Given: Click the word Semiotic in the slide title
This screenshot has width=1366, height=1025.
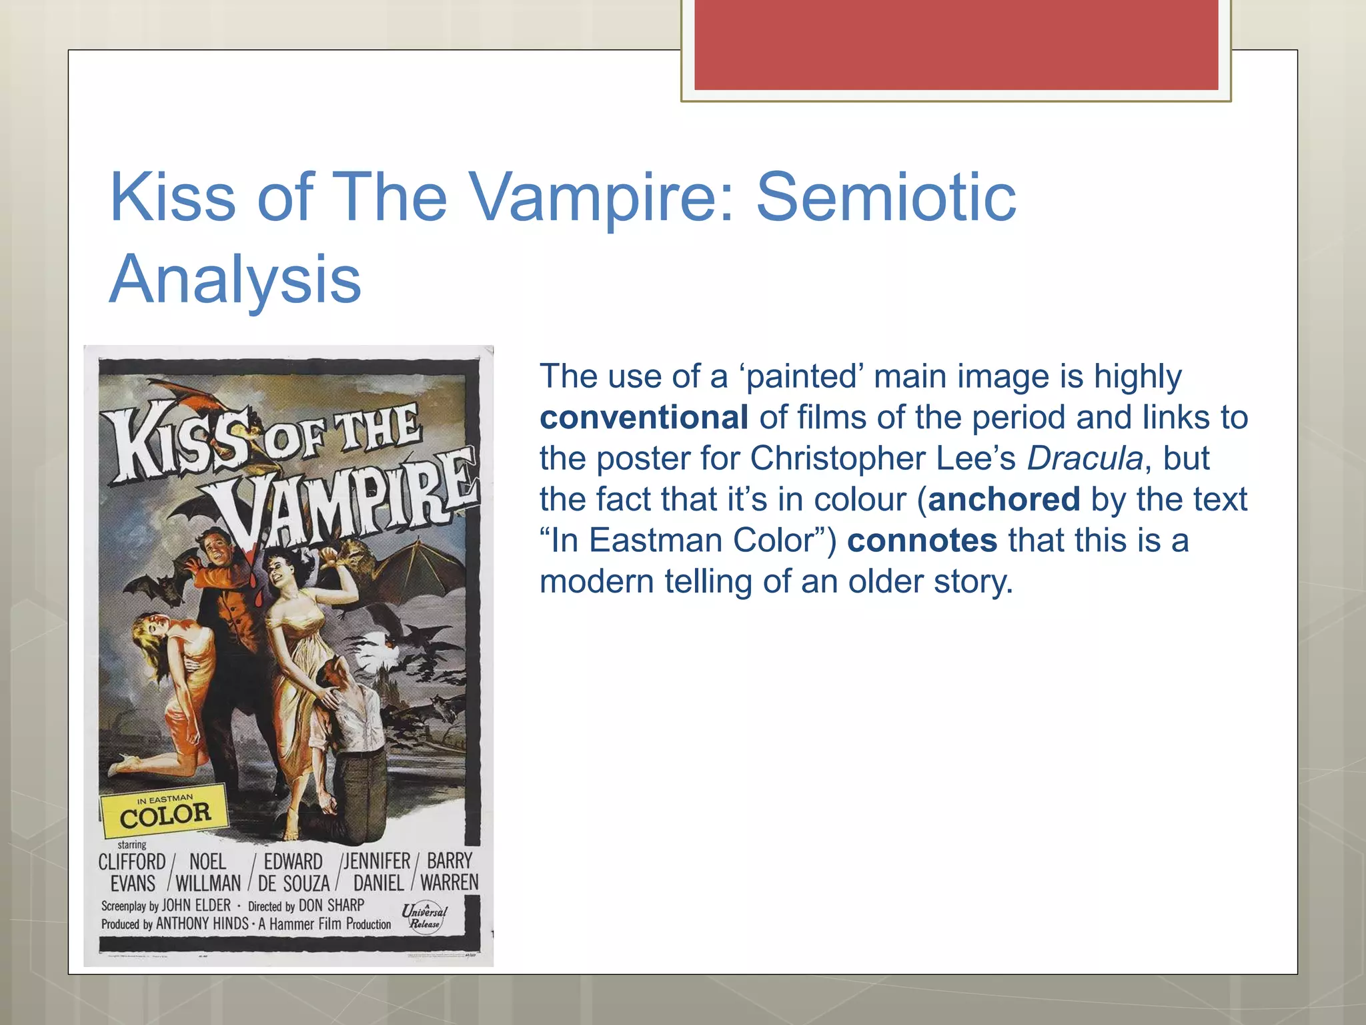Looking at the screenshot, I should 886,198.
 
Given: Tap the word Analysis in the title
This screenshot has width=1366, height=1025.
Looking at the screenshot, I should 235,279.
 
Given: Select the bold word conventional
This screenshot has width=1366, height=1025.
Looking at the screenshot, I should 644,418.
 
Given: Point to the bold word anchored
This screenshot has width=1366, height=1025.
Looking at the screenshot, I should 1003,499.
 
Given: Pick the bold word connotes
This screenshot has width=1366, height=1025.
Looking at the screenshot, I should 922,541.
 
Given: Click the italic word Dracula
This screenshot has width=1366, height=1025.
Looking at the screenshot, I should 1085,458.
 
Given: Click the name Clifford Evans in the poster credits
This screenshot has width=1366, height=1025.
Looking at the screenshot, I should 132,872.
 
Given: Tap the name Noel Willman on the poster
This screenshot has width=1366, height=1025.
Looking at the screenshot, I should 207,872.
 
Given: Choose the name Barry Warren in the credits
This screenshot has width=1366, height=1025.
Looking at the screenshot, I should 450,872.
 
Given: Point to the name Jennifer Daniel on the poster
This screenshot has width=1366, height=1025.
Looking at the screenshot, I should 378,872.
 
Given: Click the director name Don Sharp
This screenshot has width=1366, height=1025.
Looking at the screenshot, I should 331,906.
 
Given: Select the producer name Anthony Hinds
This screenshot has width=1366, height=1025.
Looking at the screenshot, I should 202,924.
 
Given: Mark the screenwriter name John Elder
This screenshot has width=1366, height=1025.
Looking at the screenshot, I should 196,906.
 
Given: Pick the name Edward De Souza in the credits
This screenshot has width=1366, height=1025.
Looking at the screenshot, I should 293,872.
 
